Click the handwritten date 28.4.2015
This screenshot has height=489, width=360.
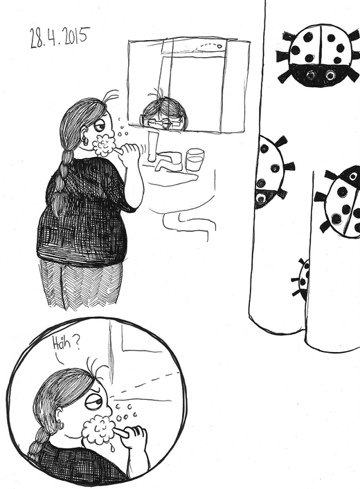coord(60,37)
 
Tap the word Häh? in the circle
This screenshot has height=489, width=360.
coord(65,343)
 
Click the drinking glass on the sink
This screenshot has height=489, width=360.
coord(195,159)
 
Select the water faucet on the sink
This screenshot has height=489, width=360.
coord(168,160)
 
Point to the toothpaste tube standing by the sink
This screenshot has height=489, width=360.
coord(152,146)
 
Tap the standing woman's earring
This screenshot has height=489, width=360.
coord(85,141)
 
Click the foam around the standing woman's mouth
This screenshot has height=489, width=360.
coord(104,145)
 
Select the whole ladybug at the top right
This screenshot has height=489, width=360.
coord(319,55)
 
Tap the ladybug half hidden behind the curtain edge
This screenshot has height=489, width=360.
coord(271,172)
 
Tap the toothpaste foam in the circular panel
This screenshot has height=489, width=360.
coord(98,430)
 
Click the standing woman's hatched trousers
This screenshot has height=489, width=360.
coord(80,284)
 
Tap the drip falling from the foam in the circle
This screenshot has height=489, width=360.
coord(112,448)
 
